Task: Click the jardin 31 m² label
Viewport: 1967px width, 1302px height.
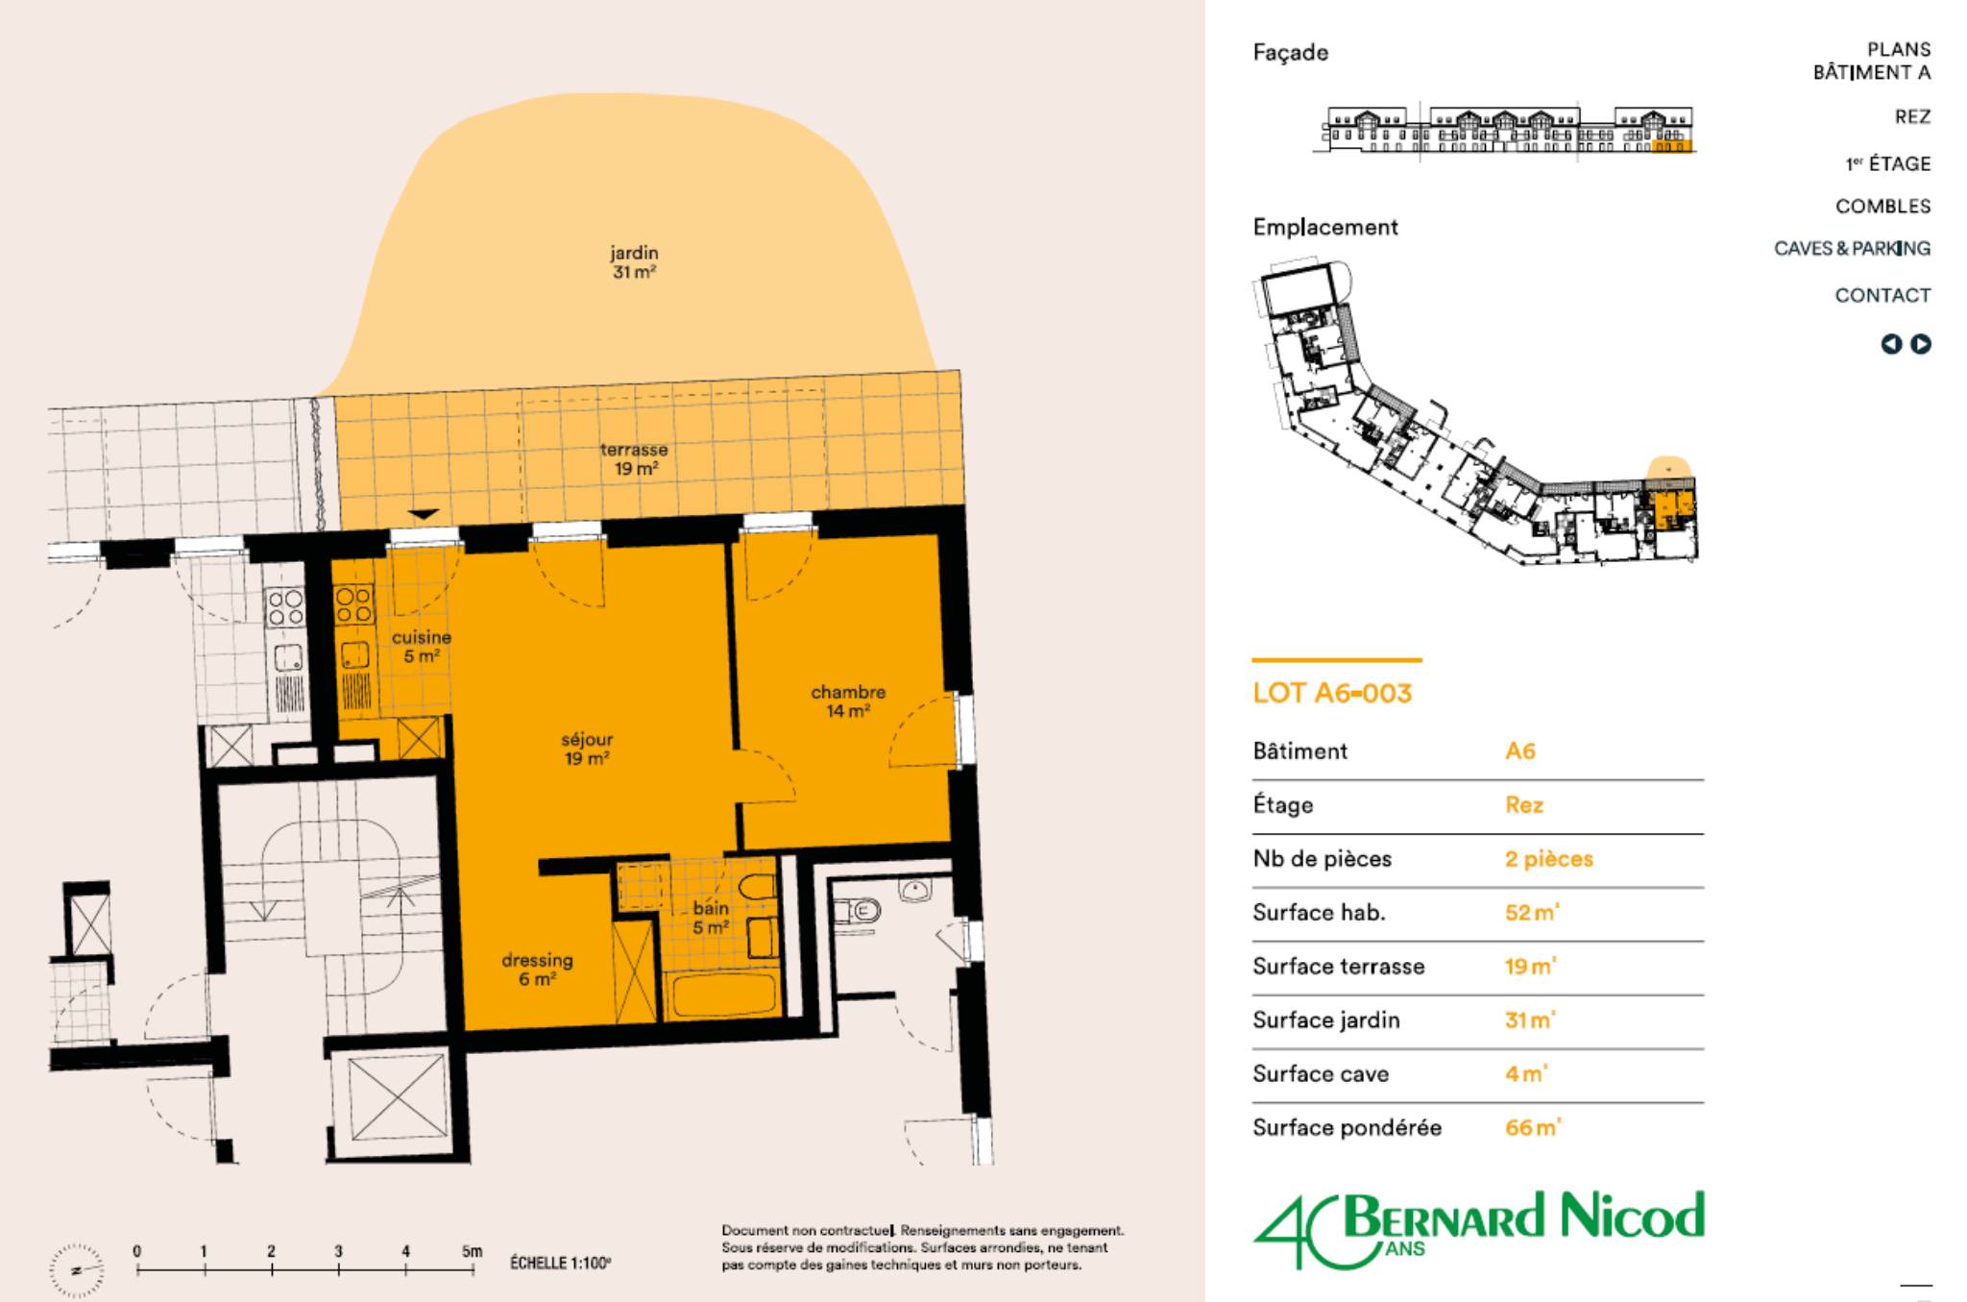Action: click(634, 262)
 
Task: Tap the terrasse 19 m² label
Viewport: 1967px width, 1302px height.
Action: click(634, 459)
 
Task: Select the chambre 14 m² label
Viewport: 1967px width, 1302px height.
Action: click(848, 701)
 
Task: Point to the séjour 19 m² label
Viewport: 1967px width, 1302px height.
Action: click(587, 749)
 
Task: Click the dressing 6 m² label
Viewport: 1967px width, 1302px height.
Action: click(537, 969)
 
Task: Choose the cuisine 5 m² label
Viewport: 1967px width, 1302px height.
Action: click(422, 647)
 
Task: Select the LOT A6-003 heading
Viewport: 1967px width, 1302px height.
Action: click(1332, 693)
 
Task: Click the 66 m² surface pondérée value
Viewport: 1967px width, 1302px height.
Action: click(1533, 1127)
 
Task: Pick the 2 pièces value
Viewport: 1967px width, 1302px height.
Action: click(1548, 859)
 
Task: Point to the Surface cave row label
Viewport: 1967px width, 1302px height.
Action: click(1321, 1073)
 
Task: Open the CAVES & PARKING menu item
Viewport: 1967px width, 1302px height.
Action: click(1852, 248)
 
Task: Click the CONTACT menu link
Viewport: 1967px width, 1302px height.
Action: click(1882, 295)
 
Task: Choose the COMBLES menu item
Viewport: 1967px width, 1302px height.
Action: click(1882, 206)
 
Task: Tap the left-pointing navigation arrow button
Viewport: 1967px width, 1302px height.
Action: click(1891, 344)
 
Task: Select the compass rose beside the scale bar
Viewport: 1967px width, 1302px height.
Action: click(76, 1270)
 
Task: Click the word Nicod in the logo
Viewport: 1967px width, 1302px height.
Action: click(1632, 1216)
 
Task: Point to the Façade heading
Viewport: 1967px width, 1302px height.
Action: click(1291, 53)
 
